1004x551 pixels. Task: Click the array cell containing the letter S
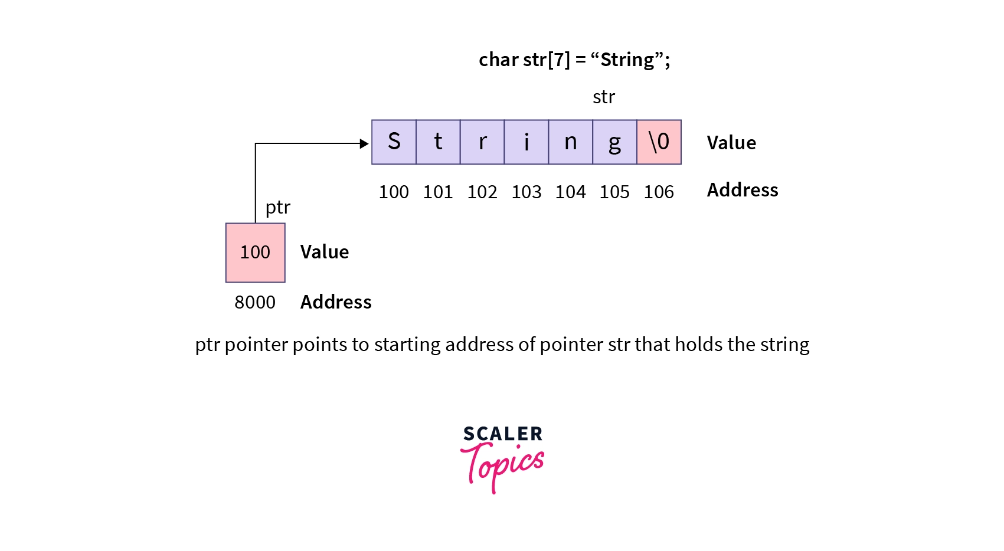click(x=394, y=142)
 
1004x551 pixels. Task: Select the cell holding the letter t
click(x=439, y=142)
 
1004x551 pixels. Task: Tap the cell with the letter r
click(x=482, y=142)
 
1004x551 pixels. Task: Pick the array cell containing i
click(x=526, y=142)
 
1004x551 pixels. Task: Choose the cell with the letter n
click(x=571, y=142)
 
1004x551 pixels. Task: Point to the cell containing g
click(x=615, y=142)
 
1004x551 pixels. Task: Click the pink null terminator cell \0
click(x=659, y=142)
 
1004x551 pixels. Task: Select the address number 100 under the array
click(x=394, y=192)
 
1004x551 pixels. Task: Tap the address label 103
click(x=526, y=192)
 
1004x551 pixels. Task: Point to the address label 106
click(x=659, y=192)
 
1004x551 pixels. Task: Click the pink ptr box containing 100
click(x=256, y=252)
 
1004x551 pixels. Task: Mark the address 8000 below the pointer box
click(x=255, y=303)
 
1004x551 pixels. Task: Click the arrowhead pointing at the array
click(x=364, y=143)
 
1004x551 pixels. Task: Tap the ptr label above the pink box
click(x=278, y=208)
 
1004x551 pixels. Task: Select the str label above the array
click(x=604, y=97)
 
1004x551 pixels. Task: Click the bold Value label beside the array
click(x=731, y=143)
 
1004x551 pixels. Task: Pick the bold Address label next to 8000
click(x=336, y=302)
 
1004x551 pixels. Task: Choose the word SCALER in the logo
click(x=502, y=434)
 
